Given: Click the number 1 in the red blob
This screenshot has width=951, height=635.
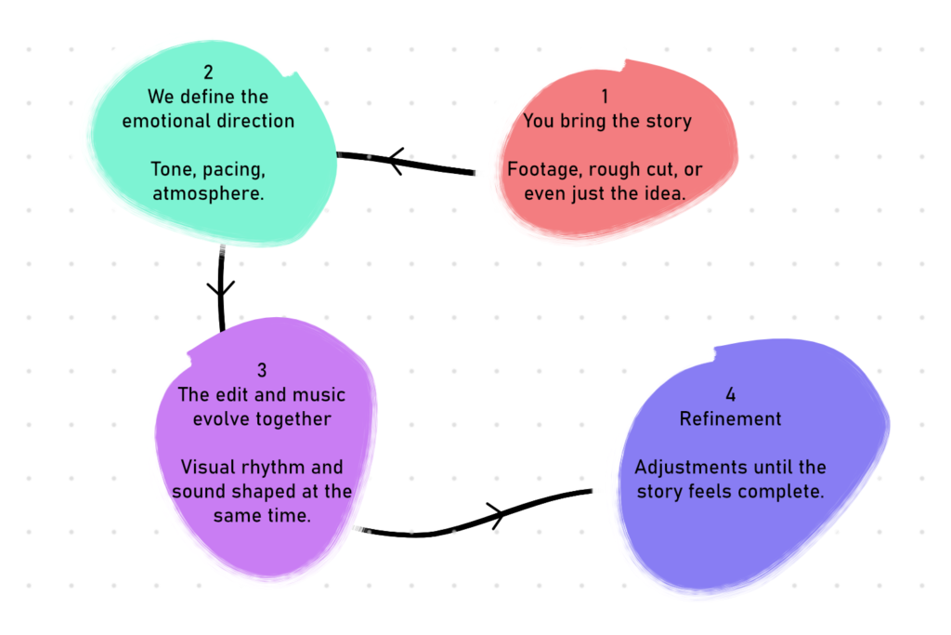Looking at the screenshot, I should click(x=606, y=97).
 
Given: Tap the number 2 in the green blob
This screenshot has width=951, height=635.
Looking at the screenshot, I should click(x=208, y=73).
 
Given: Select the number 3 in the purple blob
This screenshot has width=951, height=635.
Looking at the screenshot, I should click(x=262, y=371).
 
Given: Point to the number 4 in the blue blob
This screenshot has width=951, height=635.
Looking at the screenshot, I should click(x=730, y=394).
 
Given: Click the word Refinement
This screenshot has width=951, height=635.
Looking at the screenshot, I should click(x=730, y=419).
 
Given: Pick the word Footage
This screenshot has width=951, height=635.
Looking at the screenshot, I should click(x=542, y=170).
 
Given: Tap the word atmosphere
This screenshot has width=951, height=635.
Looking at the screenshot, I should click(x=208, y=194).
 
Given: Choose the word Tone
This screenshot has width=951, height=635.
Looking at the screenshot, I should click(x=171, y=170).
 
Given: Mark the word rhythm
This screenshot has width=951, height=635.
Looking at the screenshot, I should click(x=274, y=468).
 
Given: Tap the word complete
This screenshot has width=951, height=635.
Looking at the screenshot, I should click(x=787, y=491).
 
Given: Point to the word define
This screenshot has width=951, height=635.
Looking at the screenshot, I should click(x=209, y=97).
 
